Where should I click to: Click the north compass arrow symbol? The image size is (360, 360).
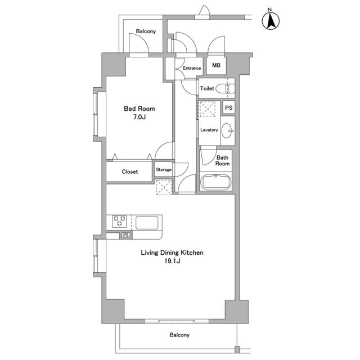[271, 21]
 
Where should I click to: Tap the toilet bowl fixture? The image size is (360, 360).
[226, 88]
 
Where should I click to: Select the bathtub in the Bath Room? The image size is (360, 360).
[215, 182]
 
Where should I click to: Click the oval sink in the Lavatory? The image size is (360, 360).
[227, 130]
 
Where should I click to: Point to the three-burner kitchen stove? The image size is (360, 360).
[119, 221]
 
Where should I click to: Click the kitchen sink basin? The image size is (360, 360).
[147, 223]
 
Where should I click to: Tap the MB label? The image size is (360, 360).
[216, 65]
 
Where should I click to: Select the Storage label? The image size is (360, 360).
[164, 169]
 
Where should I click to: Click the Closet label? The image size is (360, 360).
[130, 172]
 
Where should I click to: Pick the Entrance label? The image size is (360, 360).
[192, 68]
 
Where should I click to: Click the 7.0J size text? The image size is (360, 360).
[139, 117]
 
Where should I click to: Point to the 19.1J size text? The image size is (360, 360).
[172, 261]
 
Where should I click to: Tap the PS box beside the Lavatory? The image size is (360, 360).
[229, 107]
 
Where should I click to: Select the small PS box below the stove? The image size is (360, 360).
[126, 235]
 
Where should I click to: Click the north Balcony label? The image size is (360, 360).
[146, 31]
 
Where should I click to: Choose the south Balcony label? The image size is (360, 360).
[179, 335]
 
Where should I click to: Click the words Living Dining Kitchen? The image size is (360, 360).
[172, 253]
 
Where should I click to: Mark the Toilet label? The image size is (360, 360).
[207, 88]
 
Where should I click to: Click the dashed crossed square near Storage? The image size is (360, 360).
[164, 187]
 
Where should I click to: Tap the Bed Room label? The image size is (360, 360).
[139, 109]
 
